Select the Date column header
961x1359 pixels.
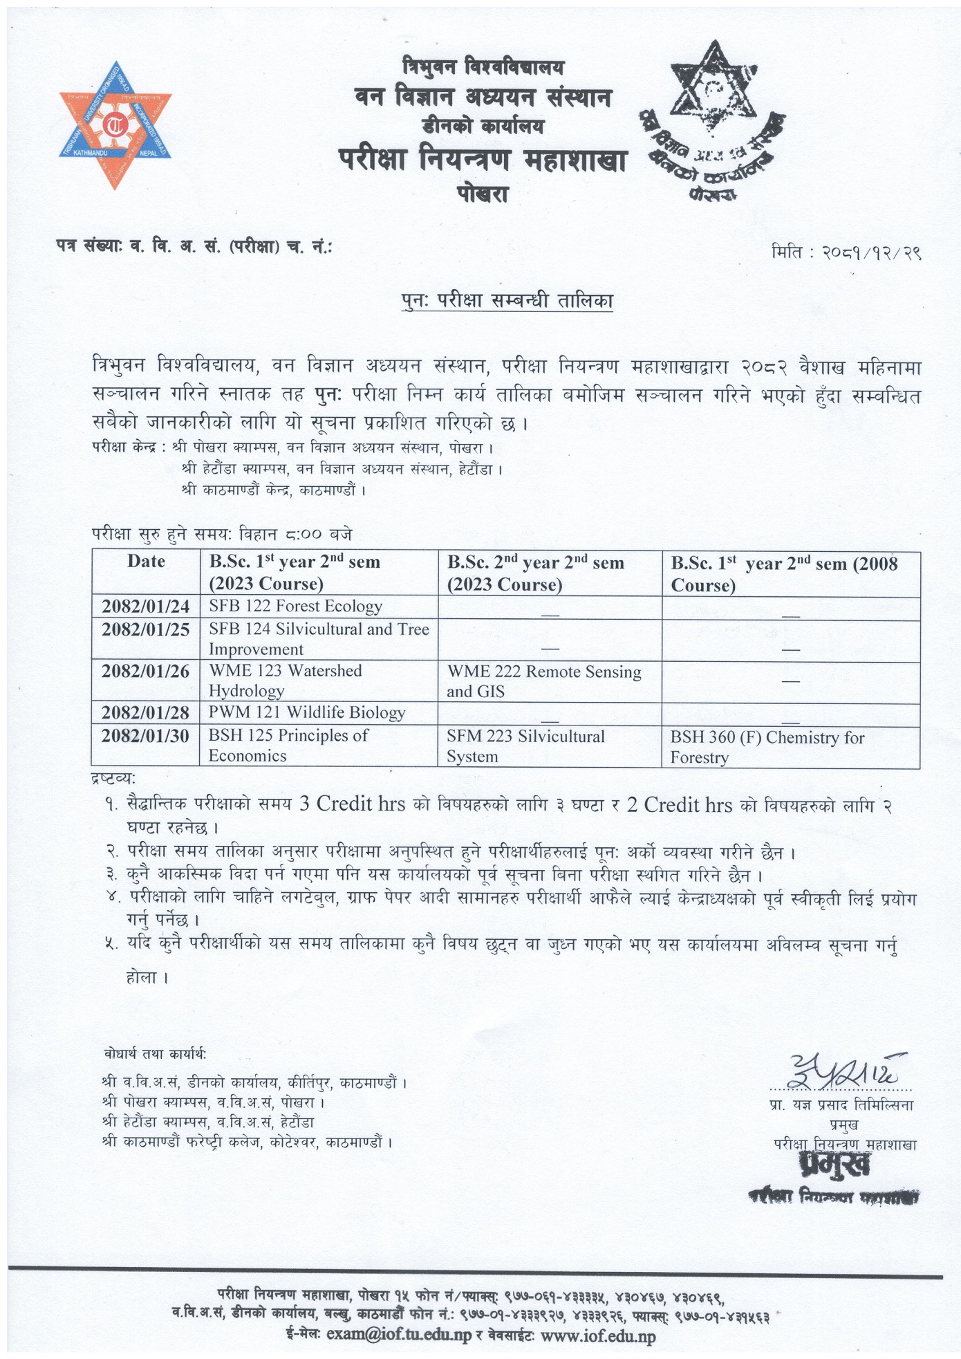(x=146, y=562)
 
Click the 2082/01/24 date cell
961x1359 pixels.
(x=146, y=607)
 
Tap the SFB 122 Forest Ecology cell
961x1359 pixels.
(x=295, y=607)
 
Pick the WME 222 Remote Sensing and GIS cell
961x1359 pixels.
(x=544, y=681)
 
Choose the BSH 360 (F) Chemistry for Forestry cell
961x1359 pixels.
(x=767, y=747)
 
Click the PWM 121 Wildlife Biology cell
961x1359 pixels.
(x=307, y=712)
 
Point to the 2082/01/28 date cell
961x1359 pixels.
(x=146, y=712)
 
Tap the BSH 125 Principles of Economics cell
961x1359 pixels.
(x=288, y=745)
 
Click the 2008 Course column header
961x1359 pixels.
(x=784, y=574)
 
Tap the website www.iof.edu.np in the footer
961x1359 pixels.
(x=598, y=1335)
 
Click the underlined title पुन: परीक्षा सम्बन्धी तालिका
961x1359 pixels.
(x=507, y=301)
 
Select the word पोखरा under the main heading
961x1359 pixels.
(x=482, y=194)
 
